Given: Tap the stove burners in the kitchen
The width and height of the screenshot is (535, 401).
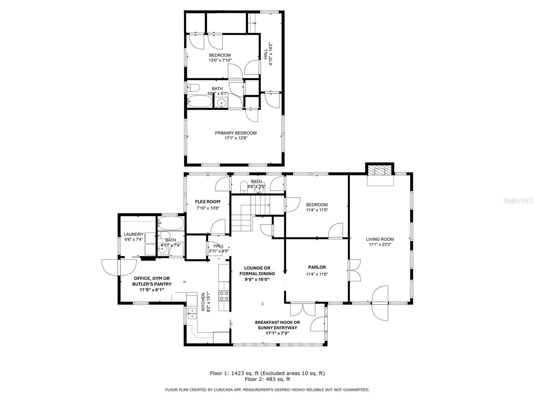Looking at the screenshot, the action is (224, 296).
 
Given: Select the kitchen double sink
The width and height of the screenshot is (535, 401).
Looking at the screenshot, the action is (192, 313).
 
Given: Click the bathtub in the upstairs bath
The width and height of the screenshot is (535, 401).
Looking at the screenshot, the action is (200, 101).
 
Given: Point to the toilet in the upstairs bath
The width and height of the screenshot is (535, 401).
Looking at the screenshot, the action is (193, 88).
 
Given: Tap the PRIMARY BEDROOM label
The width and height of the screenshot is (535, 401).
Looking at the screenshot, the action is (235, 133).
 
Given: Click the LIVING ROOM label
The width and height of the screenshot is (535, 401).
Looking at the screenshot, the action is (380, 239).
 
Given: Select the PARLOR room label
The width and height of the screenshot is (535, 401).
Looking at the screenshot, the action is (317, 267).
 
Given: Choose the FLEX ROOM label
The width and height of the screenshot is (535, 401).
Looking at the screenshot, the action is (208, 202).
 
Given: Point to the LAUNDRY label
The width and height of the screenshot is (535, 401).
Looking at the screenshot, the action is (133, 234).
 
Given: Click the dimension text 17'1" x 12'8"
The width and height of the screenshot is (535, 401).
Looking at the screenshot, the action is (235, 138).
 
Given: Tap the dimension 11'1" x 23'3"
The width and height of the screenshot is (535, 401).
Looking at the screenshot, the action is (380, 245).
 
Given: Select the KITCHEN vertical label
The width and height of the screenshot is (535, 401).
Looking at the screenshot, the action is (203, 302).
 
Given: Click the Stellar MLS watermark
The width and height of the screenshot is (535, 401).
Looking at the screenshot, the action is (518, 201).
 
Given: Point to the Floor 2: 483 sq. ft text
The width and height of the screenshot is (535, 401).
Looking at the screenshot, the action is (267, 379).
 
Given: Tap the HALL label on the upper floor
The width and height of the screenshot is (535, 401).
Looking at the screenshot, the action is (266, 54).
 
